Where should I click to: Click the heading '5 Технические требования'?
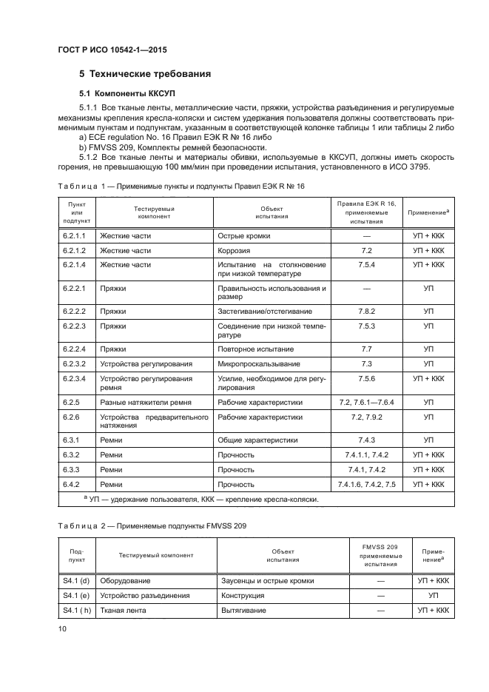tap(145, 74)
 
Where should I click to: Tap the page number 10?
tap(62, 628)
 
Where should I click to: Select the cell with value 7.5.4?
tap(366, 264)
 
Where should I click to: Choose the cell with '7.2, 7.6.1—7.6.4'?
tap(366, 402)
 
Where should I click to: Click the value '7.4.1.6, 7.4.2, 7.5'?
tap(366, 484)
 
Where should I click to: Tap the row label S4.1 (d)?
tap(75, 581)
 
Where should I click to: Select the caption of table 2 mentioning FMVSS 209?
tap(152, 525)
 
